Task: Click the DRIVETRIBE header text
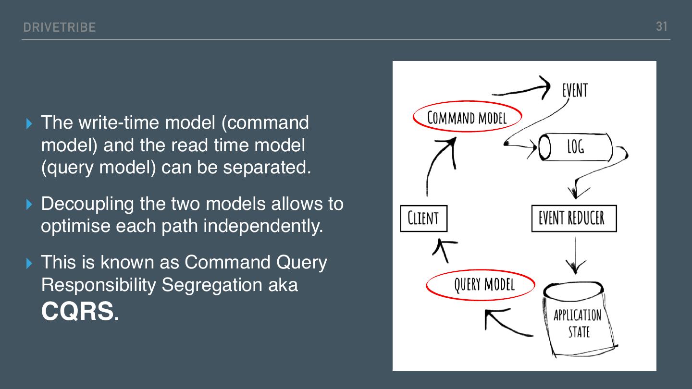(59, 27)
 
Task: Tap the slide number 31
(662, 26)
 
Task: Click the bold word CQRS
(77, 312)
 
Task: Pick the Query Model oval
(481, 284)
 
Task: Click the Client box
(423, 219)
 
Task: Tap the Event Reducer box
(574, 219)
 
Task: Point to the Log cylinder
(575, 147)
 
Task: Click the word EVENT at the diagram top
(575, 90)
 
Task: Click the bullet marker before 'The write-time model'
(30, 123)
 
